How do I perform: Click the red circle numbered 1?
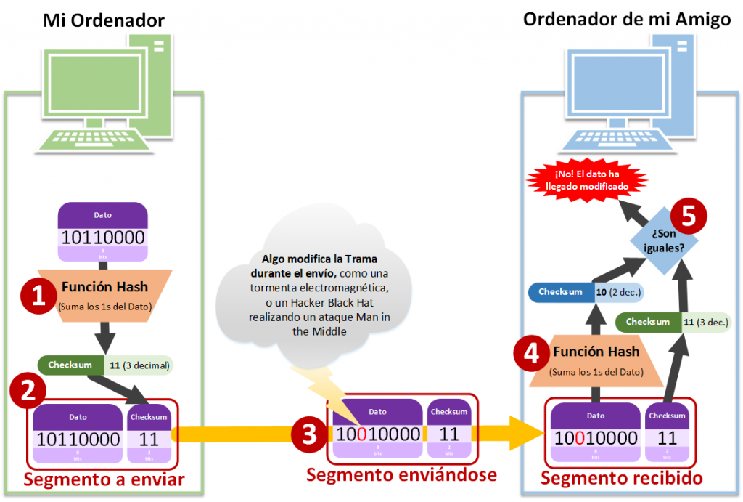(x=33, y=297)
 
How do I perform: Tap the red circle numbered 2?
(x=28, y=392)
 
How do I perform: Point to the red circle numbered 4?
(x=531, y=352)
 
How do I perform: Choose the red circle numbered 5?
(x=688, y=214)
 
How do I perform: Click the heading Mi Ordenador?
(x=104, y=20)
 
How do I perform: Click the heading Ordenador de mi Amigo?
(x=626, y=19)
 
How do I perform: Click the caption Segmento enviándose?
(x=401, y=475)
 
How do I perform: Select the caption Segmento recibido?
(x=622, y=479)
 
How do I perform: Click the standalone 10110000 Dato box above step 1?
(x=102, y=232)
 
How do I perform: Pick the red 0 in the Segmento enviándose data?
(x=361, y=434)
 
